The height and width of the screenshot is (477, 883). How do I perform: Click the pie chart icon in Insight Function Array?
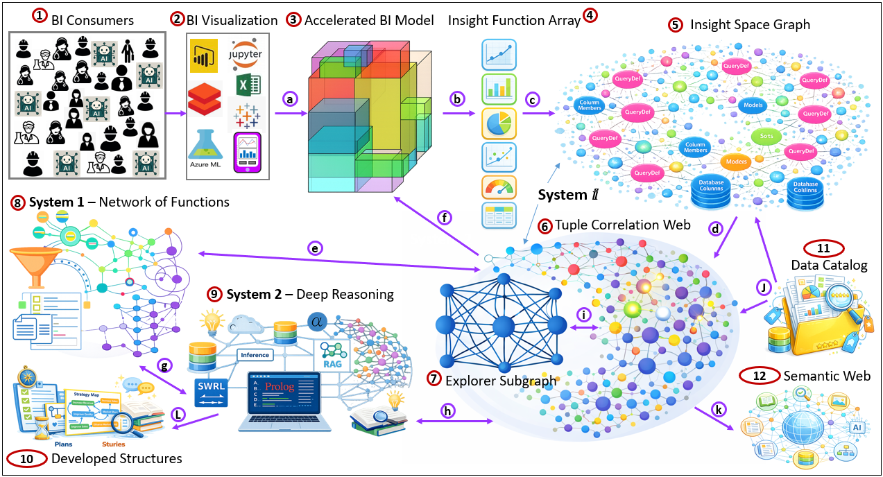click(x=499, y=123)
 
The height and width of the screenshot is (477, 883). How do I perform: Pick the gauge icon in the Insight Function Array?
click(x=499, y=189)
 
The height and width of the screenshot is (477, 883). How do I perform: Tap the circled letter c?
click(x=533, y=99)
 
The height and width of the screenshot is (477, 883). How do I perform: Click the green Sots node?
click(x=766, y=137)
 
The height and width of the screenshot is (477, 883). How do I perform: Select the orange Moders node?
click(x=738, y=162)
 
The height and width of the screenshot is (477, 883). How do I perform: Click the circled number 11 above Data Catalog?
click(x=822, y=248)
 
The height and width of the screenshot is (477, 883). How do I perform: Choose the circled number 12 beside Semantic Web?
click(x=759, y=376)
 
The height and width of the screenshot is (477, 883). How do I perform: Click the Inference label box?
click(x=255, y=355)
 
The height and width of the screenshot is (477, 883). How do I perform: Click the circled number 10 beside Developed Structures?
click(x=26, y=458)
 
